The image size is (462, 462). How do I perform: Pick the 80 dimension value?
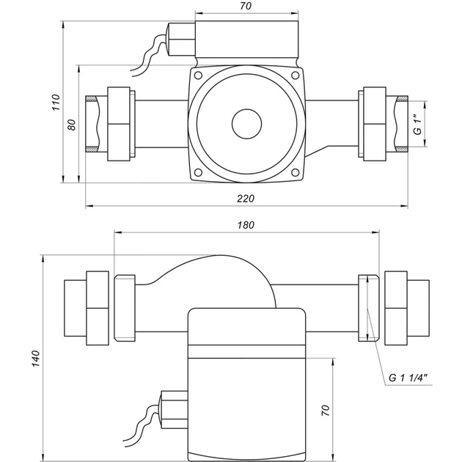(x=71, y=124)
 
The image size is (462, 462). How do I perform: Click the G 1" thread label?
(x=417, y=125)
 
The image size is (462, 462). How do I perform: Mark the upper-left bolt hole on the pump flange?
(x=198, y=76)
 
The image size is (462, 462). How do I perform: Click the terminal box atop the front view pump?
(x=248, y=41)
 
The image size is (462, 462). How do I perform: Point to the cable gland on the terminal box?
(x=181, y=40)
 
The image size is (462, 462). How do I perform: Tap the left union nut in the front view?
(x=120, y=125)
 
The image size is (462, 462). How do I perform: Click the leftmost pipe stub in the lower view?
(x=75, y=307)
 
